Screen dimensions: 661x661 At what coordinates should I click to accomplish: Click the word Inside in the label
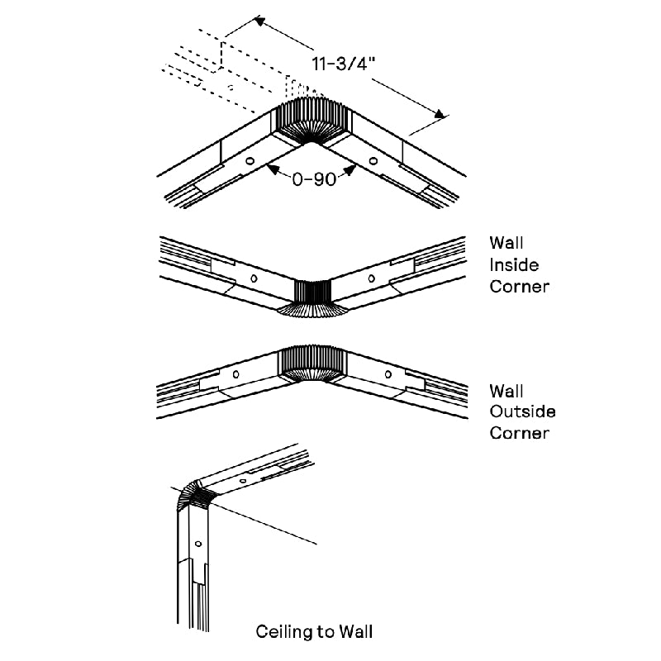tap(513, 265)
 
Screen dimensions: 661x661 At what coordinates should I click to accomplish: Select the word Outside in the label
tap(522, 411)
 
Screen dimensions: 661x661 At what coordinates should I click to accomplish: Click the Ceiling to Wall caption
tap(314, 632)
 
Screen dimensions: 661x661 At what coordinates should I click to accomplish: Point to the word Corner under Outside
tap(519, 433)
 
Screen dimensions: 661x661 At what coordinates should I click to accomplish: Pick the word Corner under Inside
tap(519, 287)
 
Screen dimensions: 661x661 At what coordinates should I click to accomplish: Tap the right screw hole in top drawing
tap(373, 160)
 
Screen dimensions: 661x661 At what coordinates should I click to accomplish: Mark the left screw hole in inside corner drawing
tap(254, 278)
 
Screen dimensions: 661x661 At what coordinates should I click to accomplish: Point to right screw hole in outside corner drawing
tap(388, 374)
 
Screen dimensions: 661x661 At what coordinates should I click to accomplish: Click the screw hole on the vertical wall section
tap(197, 542)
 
